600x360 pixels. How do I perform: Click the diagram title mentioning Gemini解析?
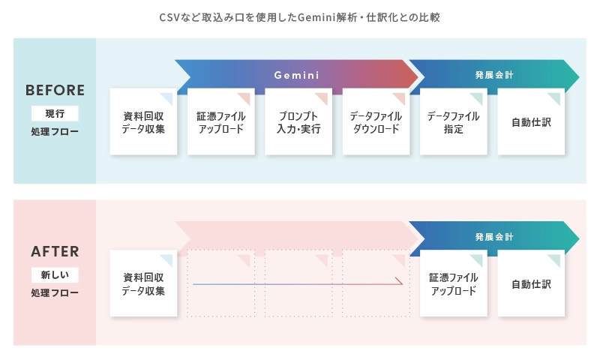point(299,16)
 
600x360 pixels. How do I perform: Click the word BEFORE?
point(55,91)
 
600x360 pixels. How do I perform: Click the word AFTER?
point(55,252)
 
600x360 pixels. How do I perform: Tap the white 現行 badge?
point(55,114)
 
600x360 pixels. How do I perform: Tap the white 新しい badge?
point(55,274)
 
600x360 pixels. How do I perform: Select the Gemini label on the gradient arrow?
point(296,75)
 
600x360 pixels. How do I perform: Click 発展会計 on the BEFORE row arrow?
point(494,75)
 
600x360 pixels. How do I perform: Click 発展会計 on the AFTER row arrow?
point(494,236)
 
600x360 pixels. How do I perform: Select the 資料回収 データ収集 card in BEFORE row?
point(143,122)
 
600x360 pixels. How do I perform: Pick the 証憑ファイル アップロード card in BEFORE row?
point(220,122)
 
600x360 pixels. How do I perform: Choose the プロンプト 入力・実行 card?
point(298,122)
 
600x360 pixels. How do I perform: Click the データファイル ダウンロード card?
point(376,122)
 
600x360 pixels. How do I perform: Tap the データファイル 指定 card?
point(453,122)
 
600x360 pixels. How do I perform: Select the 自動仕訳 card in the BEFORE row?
point(531,122)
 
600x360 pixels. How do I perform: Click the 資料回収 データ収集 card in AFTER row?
point(143,283)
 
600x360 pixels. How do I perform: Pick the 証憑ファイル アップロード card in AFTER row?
point(453,283)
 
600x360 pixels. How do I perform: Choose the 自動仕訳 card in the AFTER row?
point(531,283)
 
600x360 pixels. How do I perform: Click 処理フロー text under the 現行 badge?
point(55,133)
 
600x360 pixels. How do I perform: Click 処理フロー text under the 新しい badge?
point(55,293)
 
